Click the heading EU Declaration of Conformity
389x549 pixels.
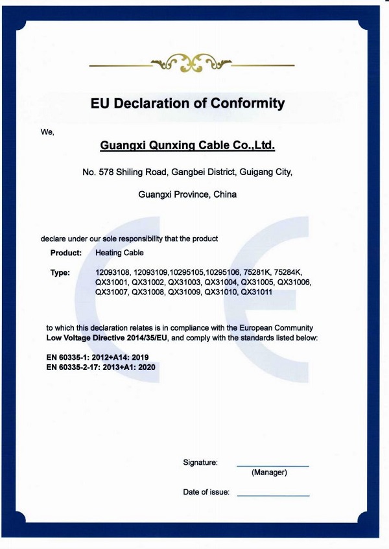pos(187,103)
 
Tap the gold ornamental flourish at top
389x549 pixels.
pos(191,64)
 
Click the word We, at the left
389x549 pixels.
pos(47,132)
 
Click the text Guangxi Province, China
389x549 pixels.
pos(187,194)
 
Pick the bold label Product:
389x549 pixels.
pos(66,253)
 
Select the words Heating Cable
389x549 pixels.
pos(119,253)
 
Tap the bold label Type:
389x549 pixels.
pos(60,273)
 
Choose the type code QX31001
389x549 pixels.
pos(112,283)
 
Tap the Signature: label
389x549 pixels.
pos(200,463)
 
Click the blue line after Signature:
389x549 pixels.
pos(272,466)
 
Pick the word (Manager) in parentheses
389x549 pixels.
pos(269,473)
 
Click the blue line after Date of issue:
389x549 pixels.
pos(273,496)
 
